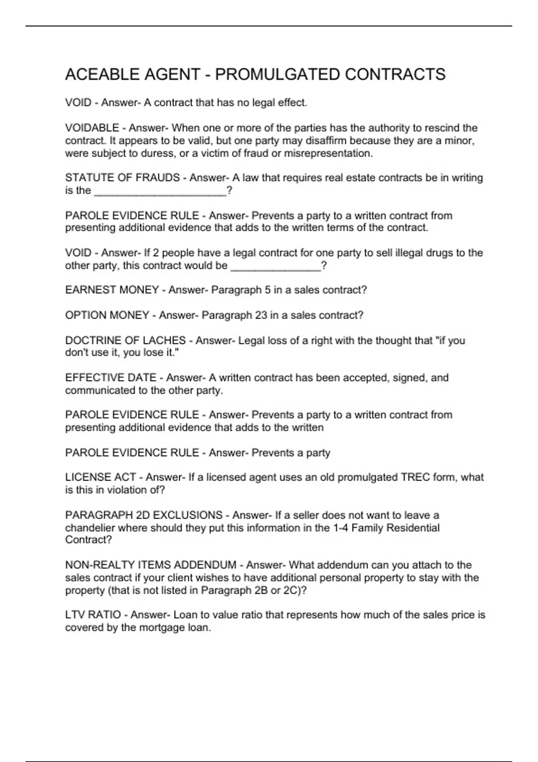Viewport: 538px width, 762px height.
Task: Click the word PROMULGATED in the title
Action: coord(278,74)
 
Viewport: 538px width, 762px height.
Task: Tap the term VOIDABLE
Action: coord(92,128)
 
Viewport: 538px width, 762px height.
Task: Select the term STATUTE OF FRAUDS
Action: coord(122,178)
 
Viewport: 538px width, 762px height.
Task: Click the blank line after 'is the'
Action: coord(160,192)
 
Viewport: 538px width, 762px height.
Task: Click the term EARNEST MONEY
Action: coord(112,290)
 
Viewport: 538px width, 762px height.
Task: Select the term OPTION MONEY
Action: coord(107,315)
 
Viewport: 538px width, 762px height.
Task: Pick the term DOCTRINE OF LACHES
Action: coord(125,341)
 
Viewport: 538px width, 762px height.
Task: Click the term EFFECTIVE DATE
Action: coord(111,378)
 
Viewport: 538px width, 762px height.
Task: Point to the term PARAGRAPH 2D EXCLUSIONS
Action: coord(143,515)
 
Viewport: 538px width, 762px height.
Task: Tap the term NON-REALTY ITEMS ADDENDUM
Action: coord(151,565)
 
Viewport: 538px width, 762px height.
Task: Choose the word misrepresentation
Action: coord(327,153)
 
